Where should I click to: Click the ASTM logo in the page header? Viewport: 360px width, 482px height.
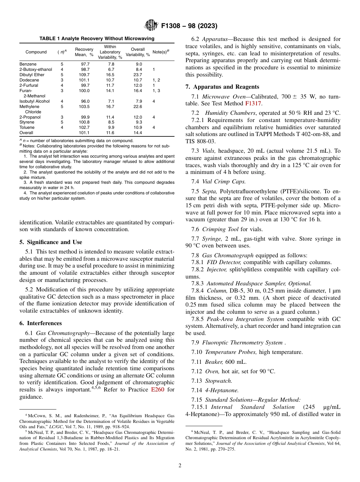pyautogui.click(x=152, y=26)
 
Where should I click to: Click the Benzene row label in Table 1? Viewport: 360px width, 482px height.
pyautogui.click(x=28, y=64)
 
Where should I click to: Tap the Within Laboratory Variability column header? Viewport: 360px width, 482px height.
pyautogui.click(x=110, y=52)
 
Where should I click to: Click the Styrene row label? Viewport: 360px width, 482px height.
pyautogui.click(x=27, y=122)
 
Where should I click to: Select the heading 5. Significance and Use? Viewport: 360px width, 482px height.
pyautogui.click(x=50, y=242)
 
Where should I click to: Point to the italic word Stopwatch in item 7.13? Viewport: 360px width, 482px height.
pyautogui.click(x=219, y=380)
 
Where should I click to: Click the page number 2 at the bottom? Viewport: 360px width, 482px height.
pyautogui.click(x=180, y=466)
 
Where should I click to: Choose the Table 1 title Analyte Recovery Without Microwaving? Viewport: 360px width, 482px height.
pyautogui.click(x=97, y=39)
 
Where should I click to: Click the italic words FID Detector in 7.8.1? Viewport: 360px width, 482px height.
pyautogui.click(x=224, y=262)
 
